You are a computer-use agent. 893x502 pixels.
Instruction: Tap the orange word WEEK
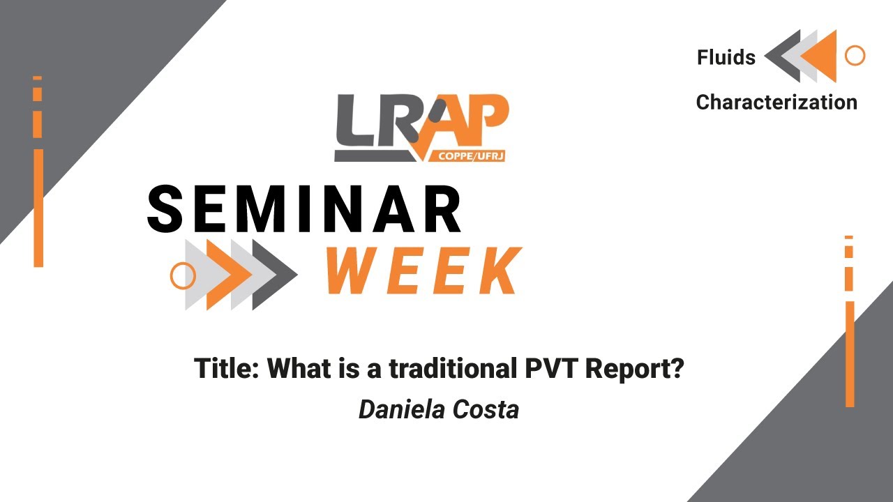pyautogui.click(x=423, y=271)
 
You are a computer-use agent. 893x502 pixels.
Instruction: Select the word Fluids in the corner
pyautogui.click(x=726, y=57)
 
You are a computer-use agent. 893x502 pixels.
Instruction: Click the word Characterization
pyautogui.click(x=776, y=102)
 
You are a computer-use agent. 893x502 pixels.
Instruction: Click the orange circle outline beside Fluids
pyautogui.click(x=855, y=56)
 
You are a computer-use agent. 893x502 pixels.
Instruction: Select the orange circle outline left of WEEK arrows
pyautogui.click(x=183, y=276)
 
